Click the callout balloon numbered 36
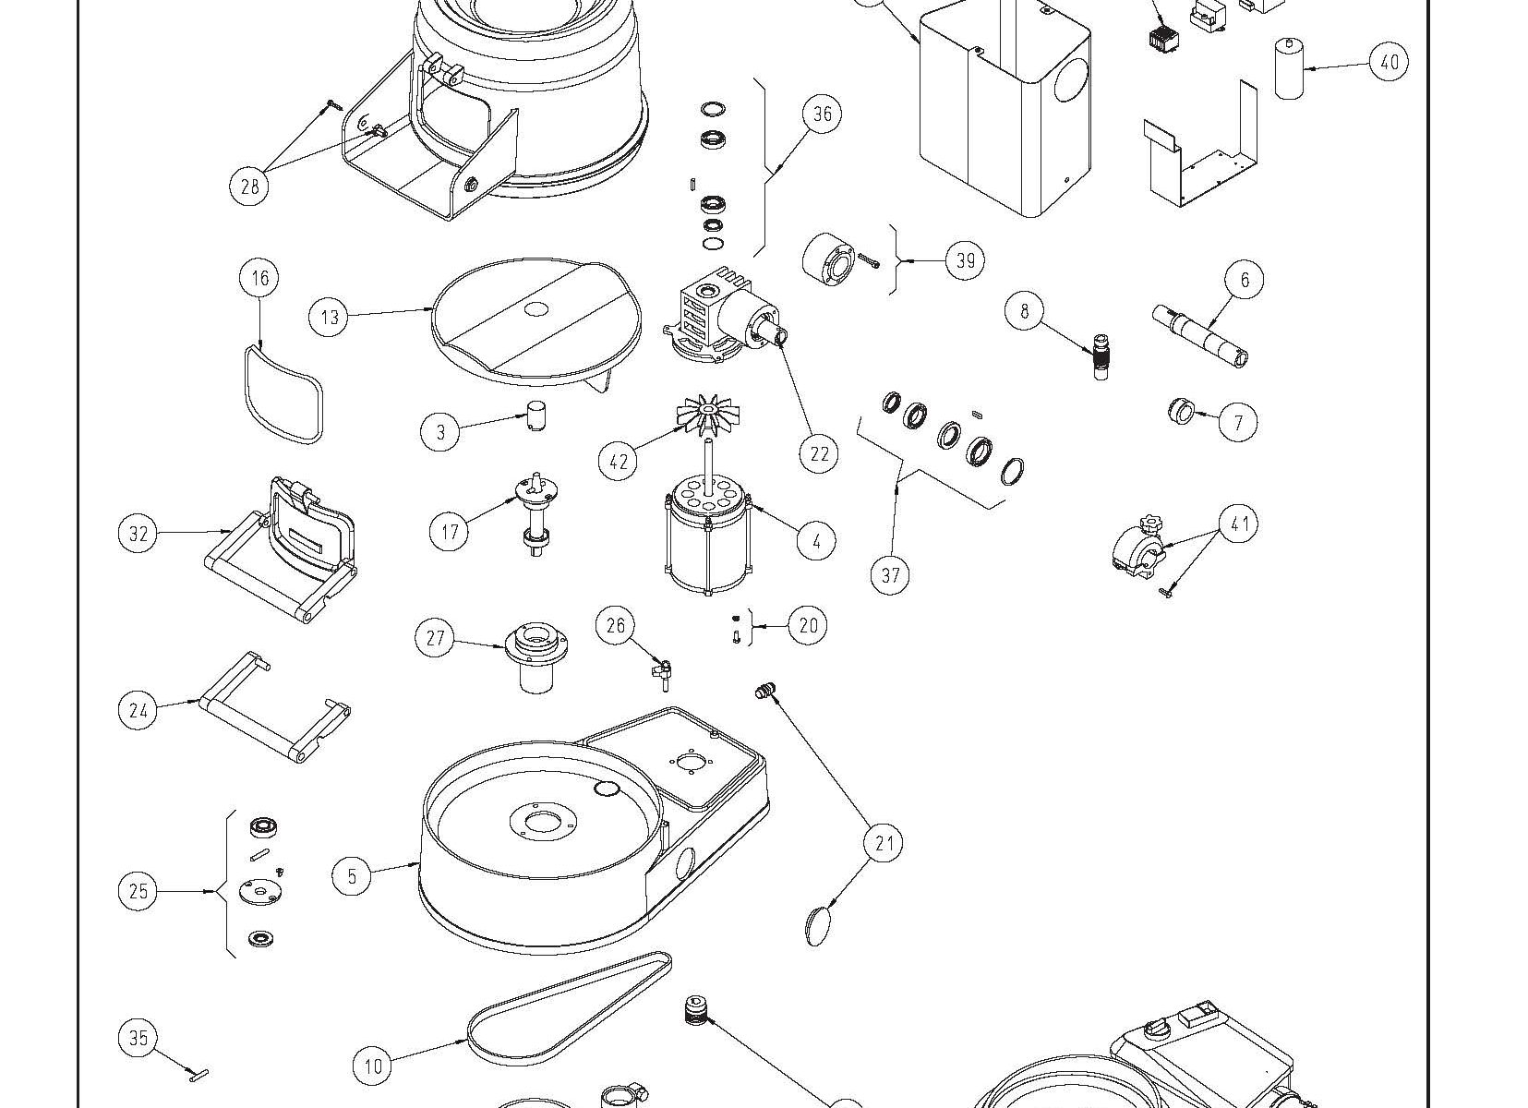pyautogui.click(x=822, y=114)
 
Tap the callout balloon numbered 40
pyautogui.click(x=1389, y=63)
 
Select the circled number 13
pyautogui.click(x=330, y=318)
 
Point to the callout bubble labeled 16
pyautogui.click(x=260, y=278)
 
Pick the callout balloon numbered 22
pyautogui.click(x=819, y=453)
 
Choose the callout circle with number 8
pyautogui.click(x=1025, y=310)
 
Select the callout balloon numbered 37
pyautogui.click(x=890, y=575)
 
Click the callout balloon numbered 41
pyautogui.click(x=1239, y=524)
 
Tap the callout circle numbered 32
pyautogui.click(x=138, y=534)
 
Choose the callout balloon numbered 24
pyautogui.click(x=138, y=710)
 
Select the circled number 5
pyautogui.click(x=352, y=875)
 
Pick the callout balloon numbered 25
pyautogui.click(x=138, y=891)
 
